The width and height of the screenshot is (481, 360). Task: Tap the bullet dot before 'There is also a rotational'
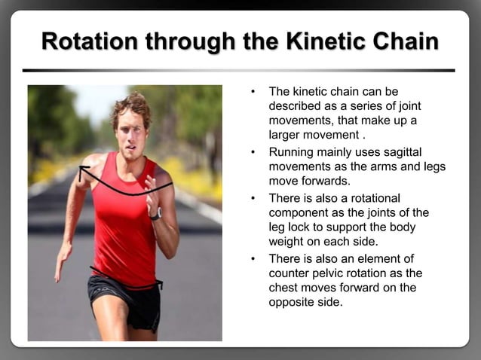pyautogui.click(x=254, y=198)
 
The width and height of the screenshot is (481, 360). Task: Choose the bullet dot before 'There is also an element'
pyautogui.click(x=254, y=258)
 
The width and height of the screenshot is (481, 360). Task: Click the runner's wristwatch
pyautogui.click(x=156, y=214)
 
